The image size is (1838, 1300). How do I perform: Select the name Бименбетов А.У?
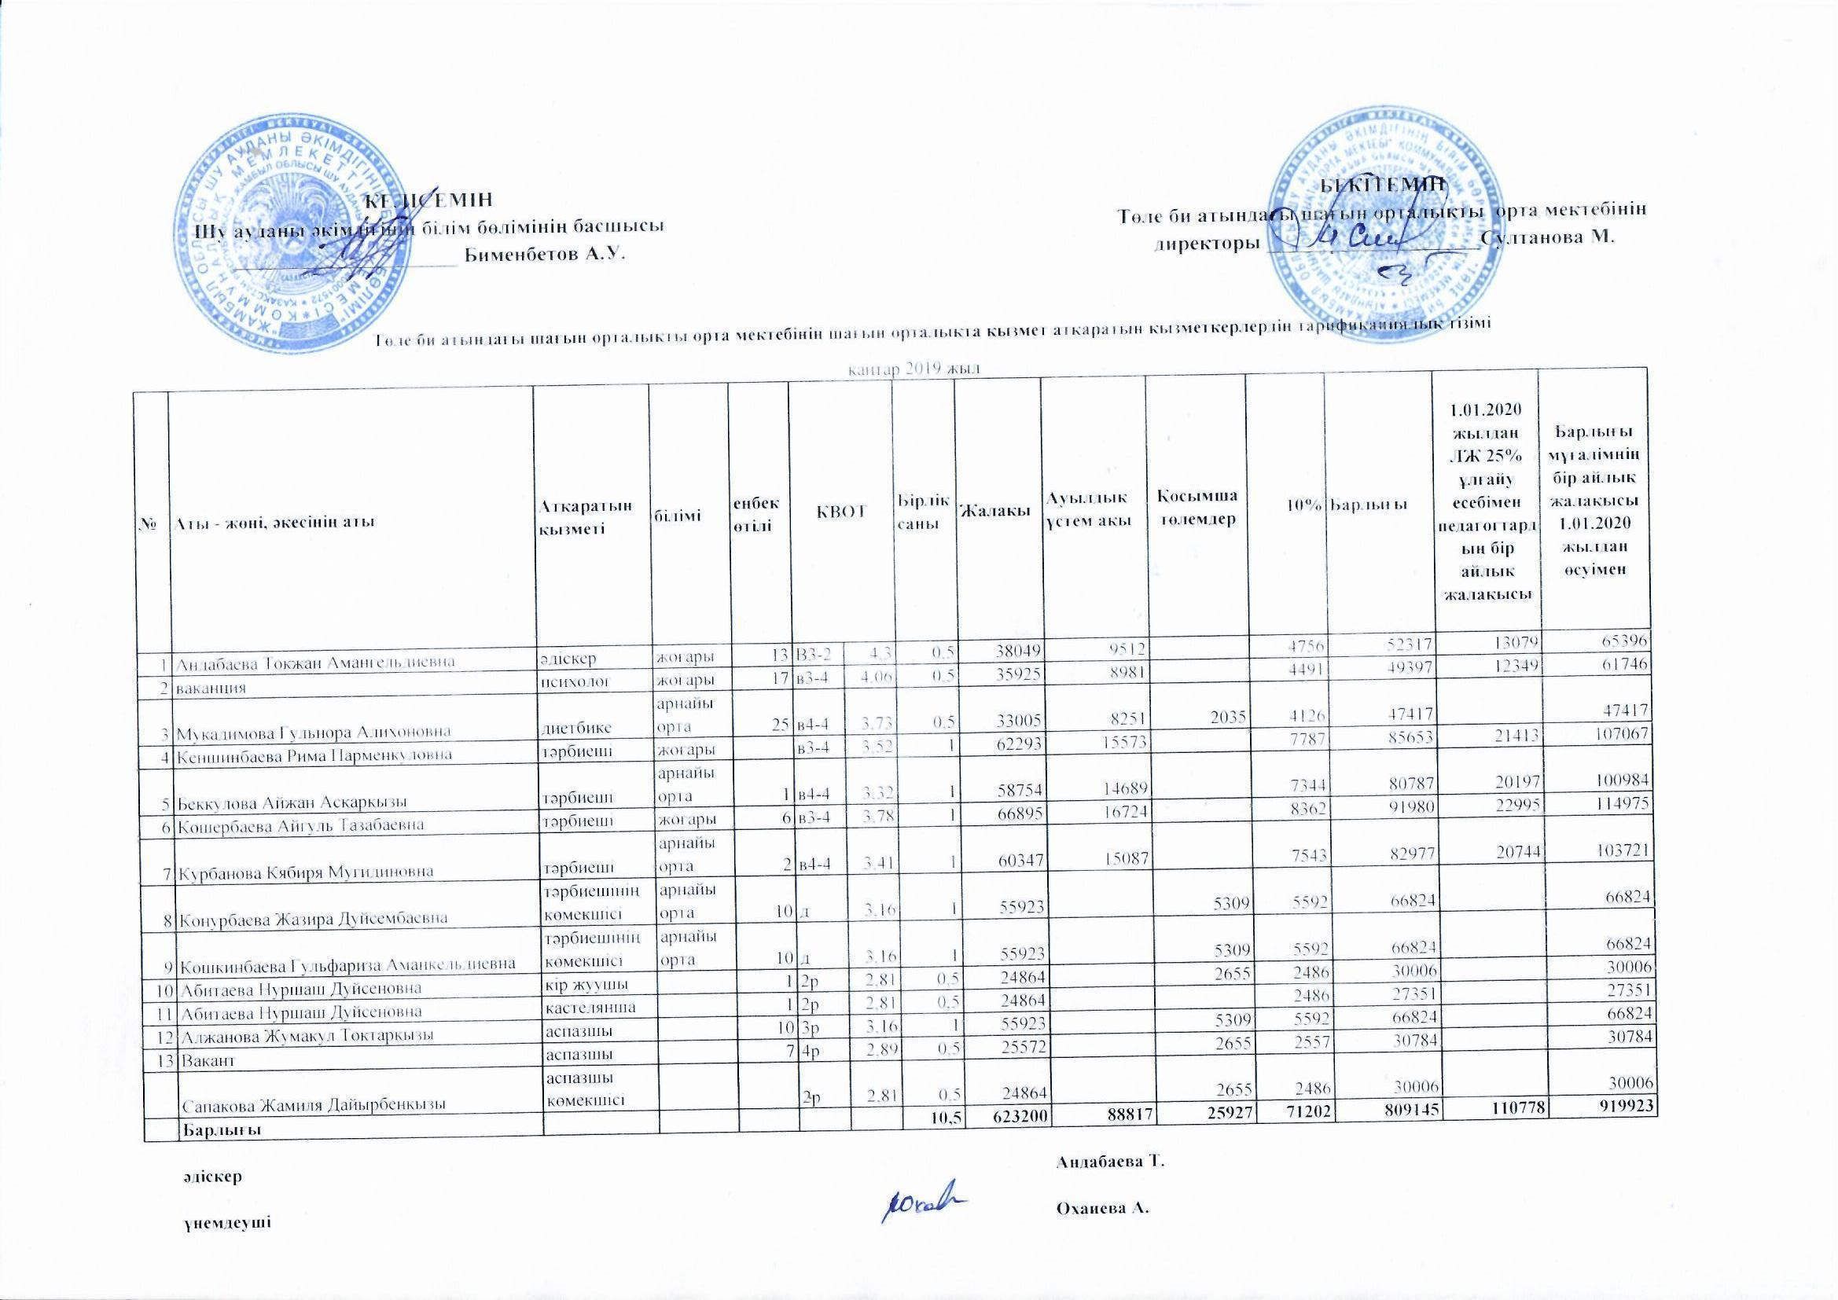point(544,255)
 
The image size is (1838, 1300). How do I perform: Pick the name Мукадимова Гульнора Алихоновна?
point(313,731)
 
